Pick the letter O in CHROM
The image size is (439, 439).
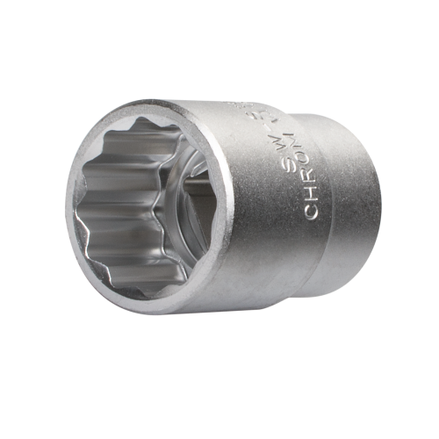316,173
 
